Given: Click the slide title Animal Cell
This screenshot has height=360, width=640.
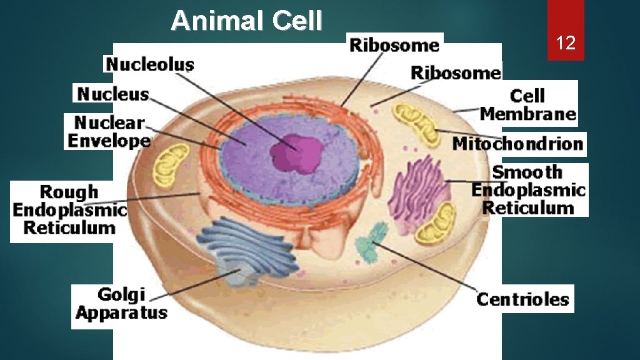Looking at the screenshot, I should [246, 21].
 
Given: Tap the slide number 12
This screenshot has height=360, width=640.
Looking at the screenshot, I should [566, 43].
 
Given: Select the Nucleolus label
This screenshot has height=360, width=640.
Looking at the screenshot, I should [149, 64].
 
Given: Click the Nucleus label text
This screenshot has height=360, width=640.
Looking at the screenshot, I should [113, 94].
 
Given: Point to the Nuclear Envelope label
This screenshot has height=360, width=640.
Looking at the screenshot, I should [109, 131].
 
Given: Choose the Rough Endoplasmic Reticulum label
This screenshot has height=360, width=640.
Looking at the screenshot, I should [69, 209].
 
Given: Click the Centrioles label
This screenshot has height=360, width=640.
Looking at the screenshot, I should [522, 299].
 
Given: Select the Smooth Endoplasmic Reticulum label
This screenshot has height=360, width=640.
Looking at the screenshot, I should [529, 190].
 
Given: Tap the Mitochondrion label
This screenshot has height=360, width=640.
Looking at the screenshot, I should [517, 144].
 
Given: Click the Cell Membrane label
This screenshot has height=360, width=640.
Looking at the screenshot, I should [528, 104].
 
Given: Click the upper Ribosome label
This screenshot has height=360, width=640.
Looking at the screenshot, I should [394, 45].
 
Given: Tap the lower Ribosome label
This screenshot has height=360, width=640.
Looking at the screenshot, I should [456, 72].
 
